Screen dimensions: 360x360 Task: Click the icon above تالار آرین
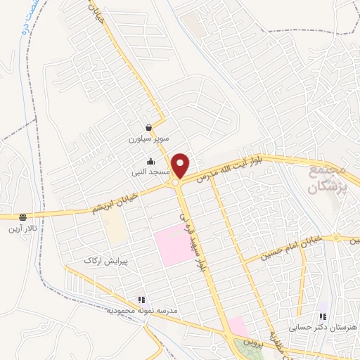point(23,217)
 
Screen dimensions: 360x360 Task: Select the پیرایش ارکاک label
point(104,261)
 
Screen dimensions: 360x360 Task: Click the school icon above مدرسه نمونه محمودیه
point(141,299)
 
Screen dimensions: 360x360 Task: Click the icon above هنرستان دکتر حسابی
point(323,316)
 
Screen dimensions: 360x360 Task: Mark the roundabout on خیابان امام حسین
point(336,238)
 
